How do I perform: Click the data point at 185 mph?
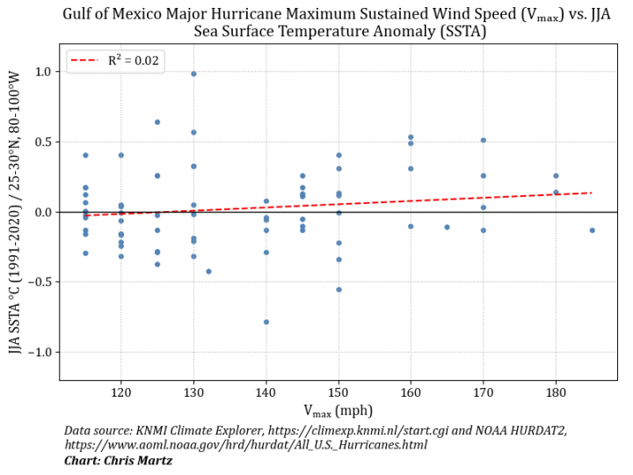tap(592, 230)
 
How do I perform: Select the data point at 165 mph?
tap(447, 227)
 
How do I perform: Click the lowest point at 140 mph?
tap(266, 322)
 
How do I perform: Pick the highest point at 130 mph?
tap(193, 74)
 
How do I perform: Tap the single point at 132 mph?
tap(208, 271)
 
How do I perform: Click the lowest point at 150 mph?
tap(338, 289)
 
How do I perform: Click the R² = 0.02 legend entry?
tap(114, 61)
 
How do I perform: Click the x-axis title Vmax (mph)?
tap(338, 410)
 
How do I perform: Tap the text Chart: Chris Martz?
tap(118, 460)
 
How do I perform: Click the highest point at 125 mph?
tap(157, 122)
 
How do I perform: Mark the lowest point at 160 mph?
tap(411, 226)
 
